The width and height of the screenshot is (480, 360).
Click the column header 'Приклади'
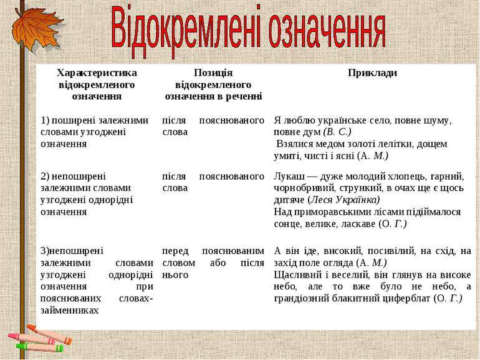tap(372, 73)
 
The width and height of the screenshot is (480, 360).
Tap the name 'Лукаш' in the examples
tap(287, 177)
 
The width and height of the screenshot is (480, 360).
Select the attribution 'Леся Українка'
tap(345, 200)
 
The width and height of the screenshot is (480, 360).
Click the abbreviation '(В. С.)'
tap(338, 132)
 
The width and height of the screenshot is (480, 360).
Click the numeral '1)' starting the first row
tap(45, 120)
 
